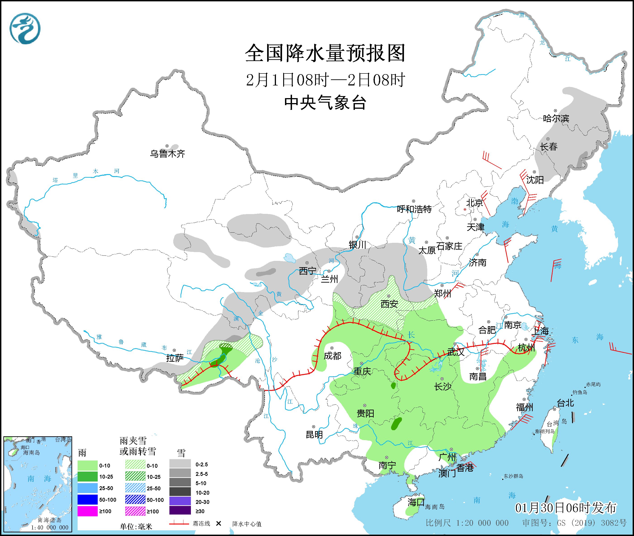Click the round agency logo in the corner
coord(25,28)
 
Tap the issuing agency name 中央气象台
coord(325,102)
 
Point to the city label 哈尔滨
coord(556,118)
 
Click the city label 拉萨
coord(175,358)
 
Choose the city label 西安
coord(389,304)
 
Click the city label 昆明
coord(314,434)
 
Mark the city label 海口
coord(416,502)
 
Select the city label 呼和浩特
coord(414,209)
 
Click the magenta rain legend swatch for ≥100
coord(87,511)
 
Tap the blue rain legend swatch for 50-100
coord(87,500)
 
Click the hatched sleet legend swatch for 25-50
coord(135,488)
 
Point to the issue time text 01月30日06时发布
coord(566,508)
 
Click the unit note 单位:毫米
coord(136,526)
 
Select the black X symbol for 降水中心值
coord(218,523)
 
